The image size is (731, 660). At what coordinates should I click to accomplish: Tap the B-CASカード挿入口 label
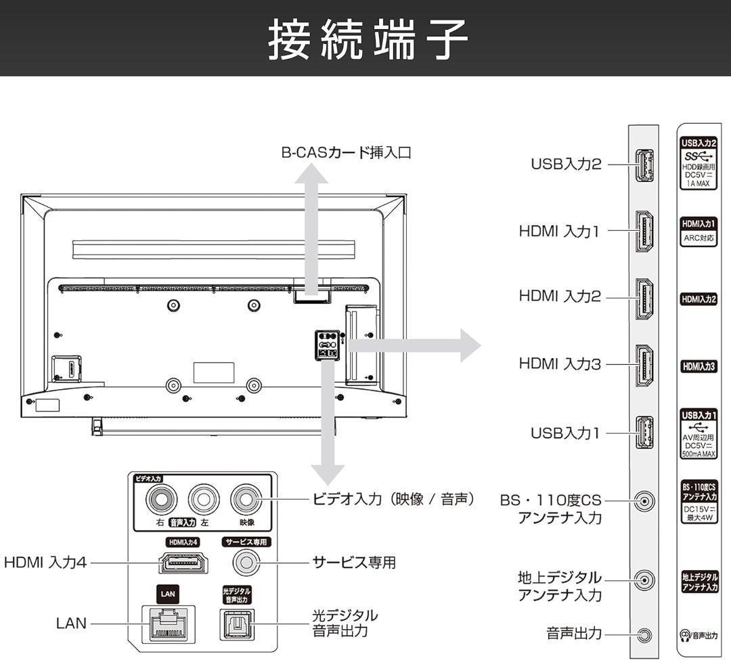click(x=346, y=152)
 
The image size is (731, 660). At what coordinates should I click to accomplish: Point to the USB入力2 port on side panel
click(x=644, y=164)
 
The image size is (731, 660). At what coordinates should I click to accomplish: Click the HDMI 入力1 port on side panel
click(x=644, y=232)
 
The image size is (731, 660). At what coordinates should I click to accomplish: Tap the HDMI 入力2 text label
click(x=559, y=296)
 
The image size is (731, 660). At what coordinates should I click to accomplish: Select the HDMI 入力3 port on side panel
click(x=644, y=365)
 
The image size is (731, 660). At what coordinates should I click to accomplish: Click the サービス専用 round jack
click(x=246, y=562)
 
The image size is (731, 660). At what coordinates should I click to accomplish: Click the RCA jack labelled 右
click(x=160, y=500)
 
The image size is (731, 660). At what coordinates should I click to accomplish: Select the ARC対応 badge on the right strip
click(x=698, y=238)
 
